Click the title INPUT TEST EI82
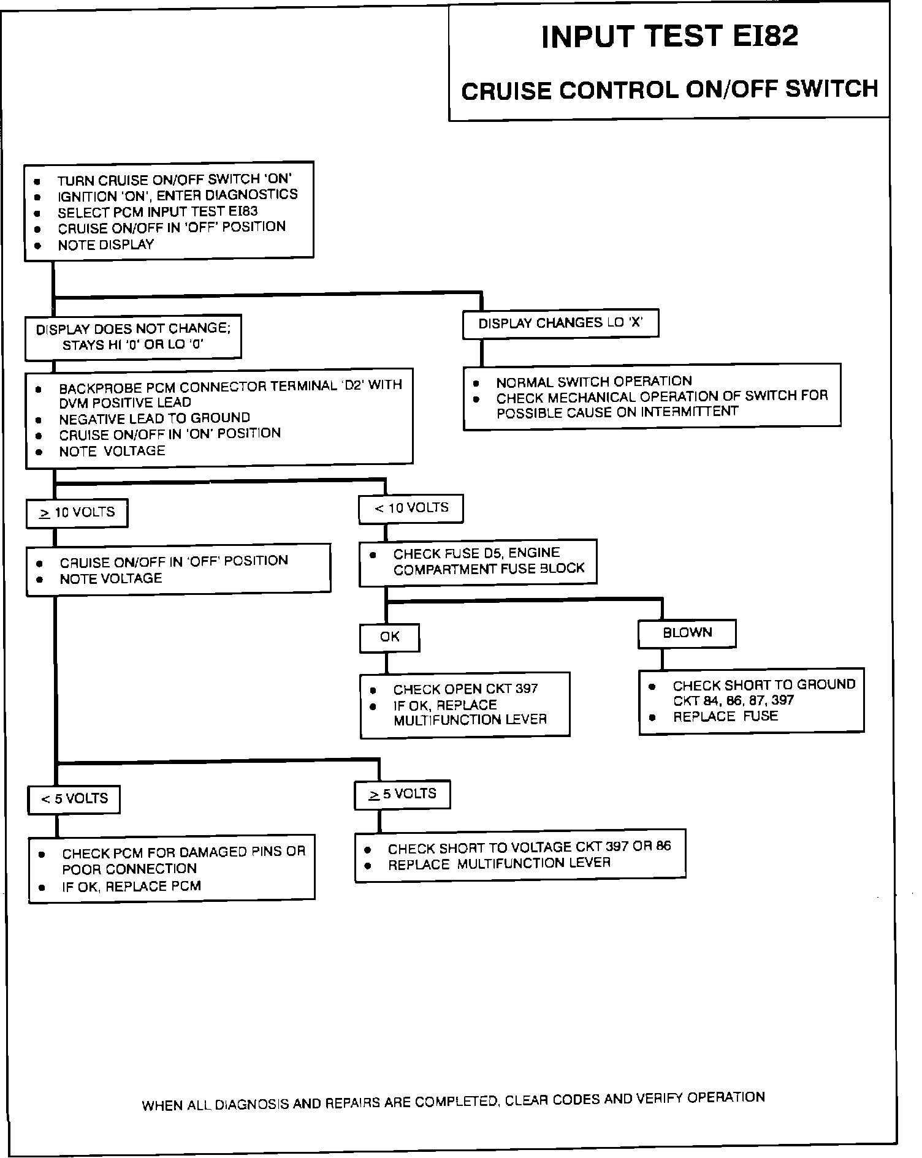(x=669, y=37)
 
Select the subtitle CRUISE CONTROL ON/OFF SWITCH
(x=669, y=90)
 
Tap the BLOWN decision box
(x=687, y=633)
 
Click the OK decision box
(x=389, y=637)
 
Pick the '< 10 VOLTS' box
(x=411, y=508)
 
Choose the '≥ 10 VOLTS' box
(x=77, y=512)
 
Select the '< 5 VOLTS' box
(x=74, y=799)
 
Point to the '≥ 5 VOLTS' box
(x=402, y=794)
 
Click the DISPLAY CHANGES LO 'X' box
(x=560, y=323)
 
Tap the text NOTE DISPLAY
(x=105, y=245)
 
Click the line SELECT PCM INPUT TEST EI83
(x=158, y=212)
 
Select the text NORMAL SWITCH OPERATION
(x=593, y=381)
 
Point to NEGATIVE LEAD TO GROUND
(x=154, y=418)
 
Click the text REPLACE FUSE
(x=725, y=716)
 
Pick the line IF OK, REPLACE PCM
(x=131, y=887)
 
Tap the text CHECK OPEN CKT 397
(x=465, y=689)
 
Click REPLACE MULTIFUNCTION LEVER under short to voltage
(x=499, y=864)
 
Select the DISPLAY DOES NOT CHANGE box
(x=133, y=336)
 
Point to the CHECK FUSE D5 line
(x=476, y=553)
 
